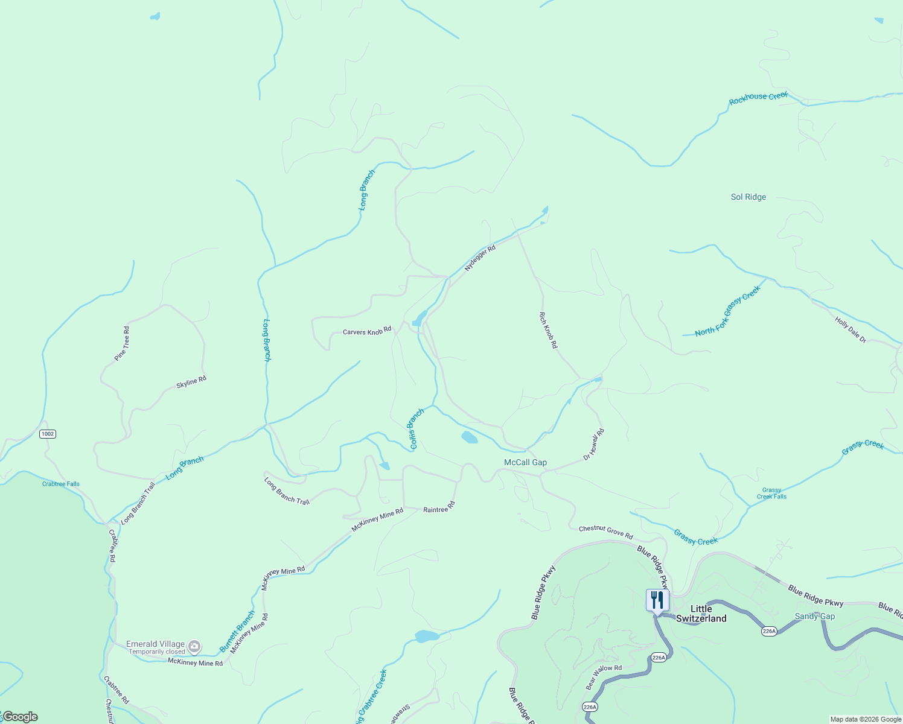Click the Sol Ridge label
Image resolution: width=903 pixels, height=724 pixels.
748,197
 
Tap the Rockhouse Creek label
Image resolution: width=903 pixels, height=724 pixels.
758,98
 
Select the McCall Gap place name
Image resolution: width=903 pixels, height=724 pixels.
525,462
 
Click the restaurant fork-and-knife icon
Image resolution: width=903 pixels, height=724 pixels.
657,600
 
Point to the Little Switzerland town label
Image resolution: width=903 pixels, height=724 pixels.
701,614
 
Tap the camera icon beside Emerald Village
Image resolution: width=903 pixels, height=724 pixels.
194,647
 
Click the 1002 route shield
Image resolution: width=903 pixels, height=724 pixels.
48,434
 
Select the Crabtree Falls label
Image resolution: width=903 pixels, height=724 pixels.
61,484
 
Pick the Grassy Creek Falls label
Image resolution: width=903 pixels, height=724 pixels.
771,494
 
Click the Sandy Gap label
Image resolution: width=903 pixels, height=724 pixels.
814,616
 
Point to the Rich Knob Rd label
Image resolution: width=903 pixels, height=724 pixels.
548,330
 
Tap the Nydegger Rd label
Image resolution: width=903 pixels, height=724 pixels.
480,258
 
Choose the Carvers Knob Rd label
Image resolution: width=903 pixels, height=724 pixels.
367,332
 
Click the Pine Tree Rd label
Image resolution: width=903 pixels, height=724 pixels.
123,344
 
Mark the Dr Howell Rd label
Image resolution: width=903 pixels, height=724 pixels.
594,445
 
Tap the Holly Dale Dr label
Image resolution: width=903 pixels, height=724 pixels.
850,330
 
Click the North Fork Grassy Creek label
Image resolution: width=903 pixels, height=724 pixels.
727,311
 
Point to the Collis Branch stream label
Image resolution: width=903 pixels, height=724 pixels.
416,429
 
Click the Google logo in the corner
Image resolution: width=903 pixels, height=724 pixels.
20,717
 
